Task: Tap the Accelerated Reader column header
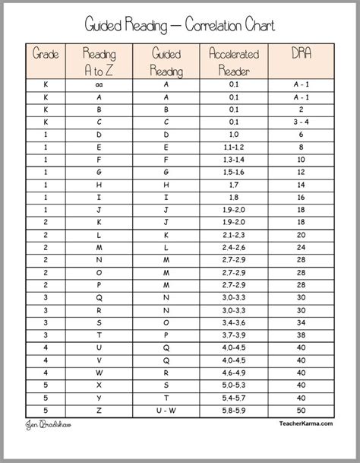click(234, 61)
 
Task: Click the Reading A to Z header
click(99, 61)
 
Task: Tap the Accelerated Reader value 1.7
click(233, 184)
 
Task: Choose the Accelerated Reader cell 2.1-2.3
click(233, 236)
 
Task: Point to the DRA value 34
click(302, 322)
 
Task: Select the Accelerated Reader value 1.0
click(233, 135)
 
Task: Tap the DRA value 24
click(302, 248)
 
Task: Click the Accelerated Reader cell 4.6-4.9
click(233, 372)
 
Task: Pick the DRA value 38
click(302, 335)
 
